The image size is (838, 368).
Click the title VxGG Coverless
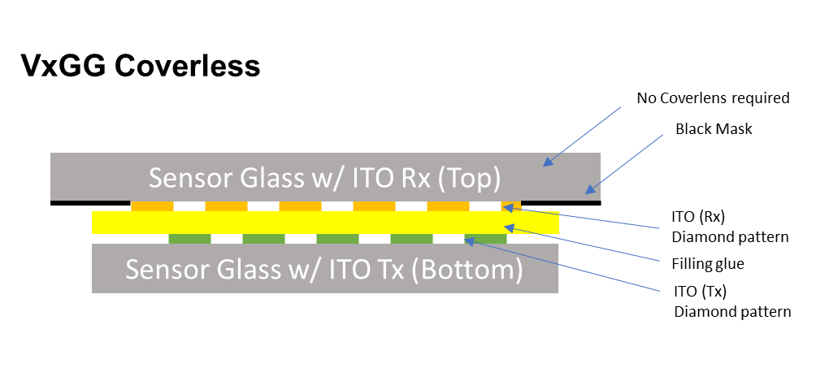141,65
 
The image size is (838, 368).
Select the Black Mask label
714,129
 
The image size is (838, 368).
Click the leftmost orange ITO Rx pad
152,206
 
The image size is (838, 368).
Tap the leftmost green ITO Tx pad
189,239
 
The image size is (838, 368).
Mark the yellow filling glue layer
325,223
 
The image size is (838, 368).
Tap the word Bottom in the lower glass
466,269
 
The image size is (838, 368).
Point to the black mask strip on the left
90,202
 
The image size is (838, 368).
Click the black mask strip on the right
561,202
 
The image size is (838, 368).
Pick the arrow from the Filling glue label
585,245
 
